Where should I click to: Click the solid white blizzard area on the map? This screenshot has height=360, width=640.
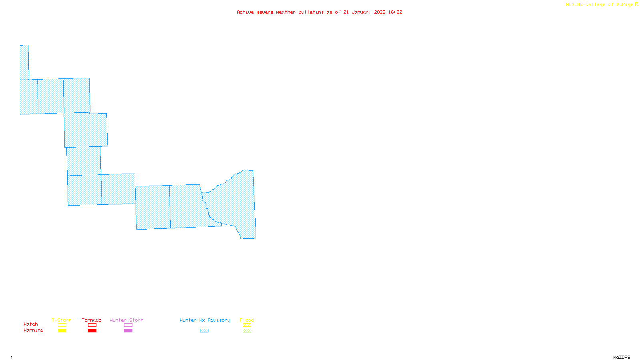(42, 131)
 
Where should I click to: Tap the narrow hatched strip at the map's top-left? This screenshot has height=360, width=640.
(24, 62)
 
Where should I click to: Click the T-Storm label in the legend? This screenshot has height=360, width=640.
(62, 320)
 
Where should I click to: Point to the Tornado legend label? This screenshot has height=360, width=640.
(92, 320)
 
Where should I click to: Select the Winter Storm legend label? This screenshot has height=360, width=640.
(126, 320)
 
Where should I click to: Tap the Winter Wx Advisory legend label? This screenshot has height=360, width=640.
(205, 320)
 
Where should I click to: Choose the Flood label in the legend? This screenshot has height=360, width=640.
(247, 320)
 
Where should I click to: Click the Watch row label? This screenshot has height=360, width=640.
(31, 324)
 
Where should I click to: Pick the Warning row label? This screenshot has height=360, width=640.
(34, 330)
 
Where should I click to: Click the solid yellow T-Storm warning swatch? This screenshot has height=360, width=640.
(62, 331)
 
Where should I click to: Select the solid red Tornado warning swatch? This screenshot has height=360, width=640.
(92, 331)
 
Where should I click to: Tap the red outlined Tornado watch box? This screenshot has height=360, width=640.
(92, 325)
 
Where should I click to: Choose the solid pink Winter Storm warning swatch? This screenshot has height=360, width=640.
(128, 331)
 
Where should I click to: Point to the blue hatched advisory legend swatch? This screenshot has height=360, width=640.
(204, 331)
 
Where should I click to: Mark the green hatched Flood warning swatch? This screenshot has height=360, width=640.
(247, 331)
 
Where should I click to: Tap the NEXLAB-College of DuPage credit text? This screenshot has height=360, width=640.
(600, 5)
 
